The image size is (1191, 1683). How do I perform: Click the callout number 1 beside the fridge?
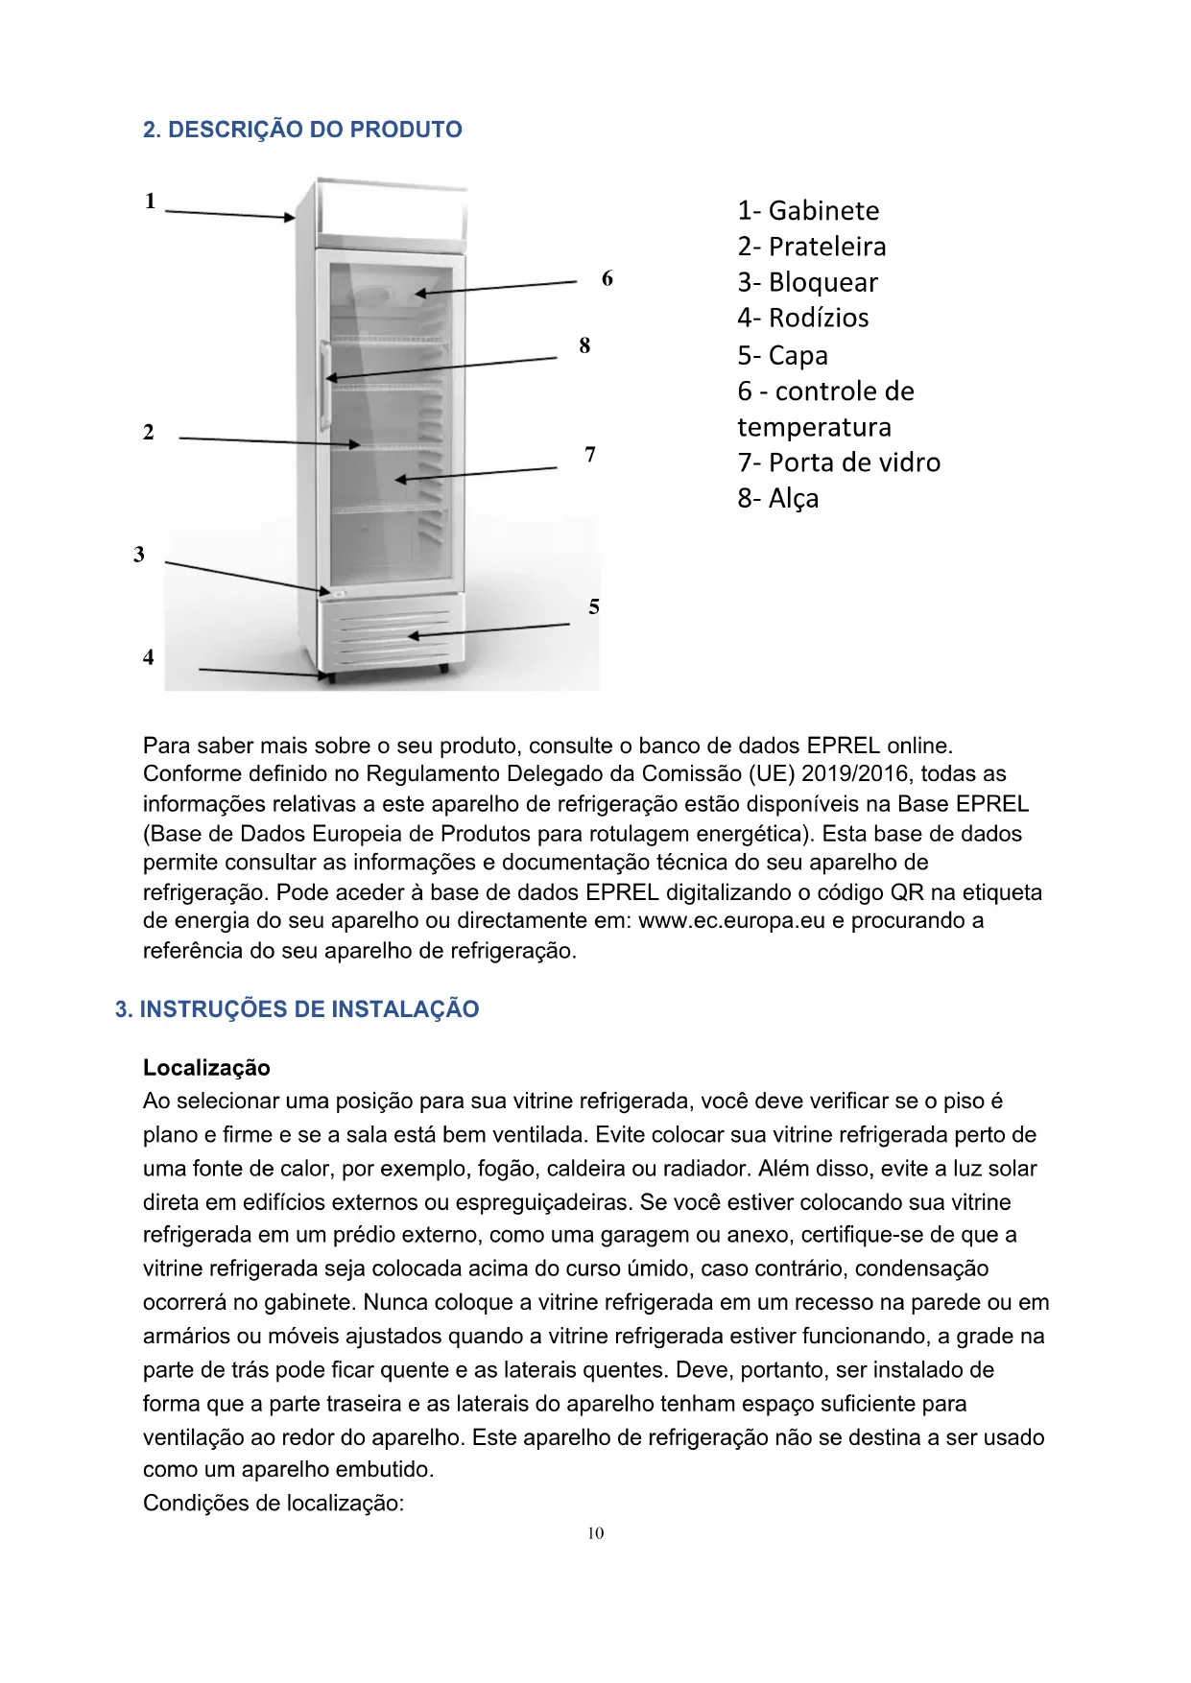point(150,201)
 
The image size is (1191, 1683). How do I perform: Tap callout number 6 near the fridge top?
point(607,279)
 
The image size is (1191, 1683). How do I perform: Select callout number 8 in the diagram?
point(584,346)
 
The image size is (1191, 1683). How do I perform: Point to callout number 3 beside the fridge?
point(139,555)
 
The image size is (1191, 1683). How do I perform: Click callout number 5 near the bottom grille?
point(594,607)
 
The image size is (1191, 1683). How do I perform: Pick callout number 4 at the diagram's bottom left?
point(148,657)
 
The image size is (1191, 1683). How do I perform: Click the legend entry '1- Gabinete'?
point(808,211)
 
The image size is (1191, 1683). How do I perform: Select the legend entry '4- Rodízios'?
point(803,318)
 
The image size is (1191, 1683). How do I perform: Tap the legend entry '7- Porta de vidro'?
point(839,462)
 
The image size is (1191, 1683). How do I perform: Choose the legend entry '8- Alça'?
point(778,499)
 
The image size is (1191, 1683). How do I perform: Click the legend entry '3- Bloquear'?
point(807,283)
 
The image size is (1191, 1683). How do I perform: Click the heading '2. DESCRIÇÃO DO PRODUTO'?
point(302,130)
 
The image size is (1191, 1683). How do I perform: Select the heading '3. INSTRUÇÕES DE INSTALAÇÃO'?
point(297,1009)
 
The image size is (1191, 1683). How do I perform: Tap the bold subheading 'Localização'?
point(206,1068)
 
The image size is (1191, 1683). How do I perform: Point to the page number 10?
point(595,1533)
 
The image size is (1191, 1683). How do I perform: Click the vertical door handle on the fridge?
point(327,384)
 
